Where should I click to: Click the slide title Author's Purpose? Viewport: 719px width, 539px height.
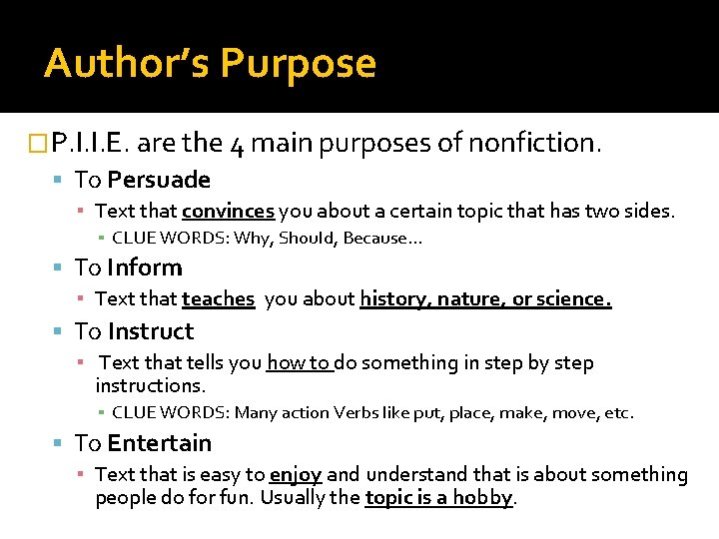pyautogui.click(x=210, y=63)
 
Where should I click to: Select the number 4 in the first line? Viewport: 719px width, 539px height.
pyautogui.click(x=237, y=144)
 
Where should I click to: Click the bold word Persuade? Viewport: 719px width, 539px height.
pyautogui.click(x=159, y=180)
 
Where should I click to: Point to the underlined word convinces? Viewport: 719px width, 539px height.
pyautogui.click(x=228, y=212)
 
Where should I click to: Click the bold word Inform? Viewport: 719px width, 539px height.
pyautogui.click(x=145, y=268)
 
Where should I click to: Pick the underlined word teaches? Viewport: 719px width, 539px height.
pyautogui.click(x=218, y=298)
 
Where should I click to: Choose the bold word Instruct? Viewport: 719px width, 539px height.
pyautogui.click(x=151, y=331)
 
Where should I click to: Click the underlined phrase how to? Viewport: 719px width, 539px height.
pyautogui.click(x=298, y=362)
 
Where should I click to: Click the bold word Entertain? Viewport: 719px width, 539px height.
pyautogui.click(x=160, y=443)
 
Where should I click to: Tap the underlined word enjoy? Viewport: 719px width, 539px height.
pyautogui.click(x=296, y=475)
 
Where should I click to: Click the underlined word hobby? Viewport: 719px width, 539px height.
pyautogui.click(x=483, y=497)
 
